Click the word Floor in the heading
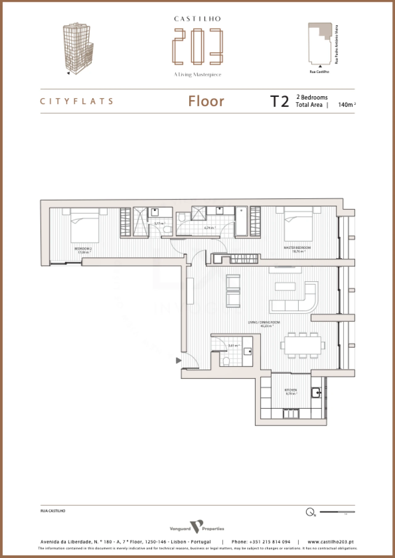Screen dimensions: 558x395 click(x=206, y=101)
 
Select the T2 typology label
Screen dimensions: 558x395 click(x=280, y=101)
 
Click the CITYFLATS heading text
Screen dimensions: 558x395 click(x=77, y=101)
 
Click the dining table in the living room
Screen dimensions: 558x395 click(x=302, y=345)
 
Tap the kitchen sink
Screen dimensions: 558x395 click(x=316, y=393)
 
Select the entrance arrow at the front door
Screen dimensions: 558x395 click(x=178, y=360)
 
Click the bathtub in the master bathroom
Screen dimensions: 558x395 click(x=241, y=221)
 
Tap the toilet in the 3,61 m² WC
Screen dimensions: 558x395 click(x=226, y=361)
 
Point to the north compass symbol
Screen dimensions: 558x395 click(x=310, y=512)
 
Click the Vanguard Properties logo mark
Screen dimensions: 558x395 click(x=197, y=526)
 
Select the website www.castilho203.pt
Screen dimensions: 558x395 click(x=331, y=542)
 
